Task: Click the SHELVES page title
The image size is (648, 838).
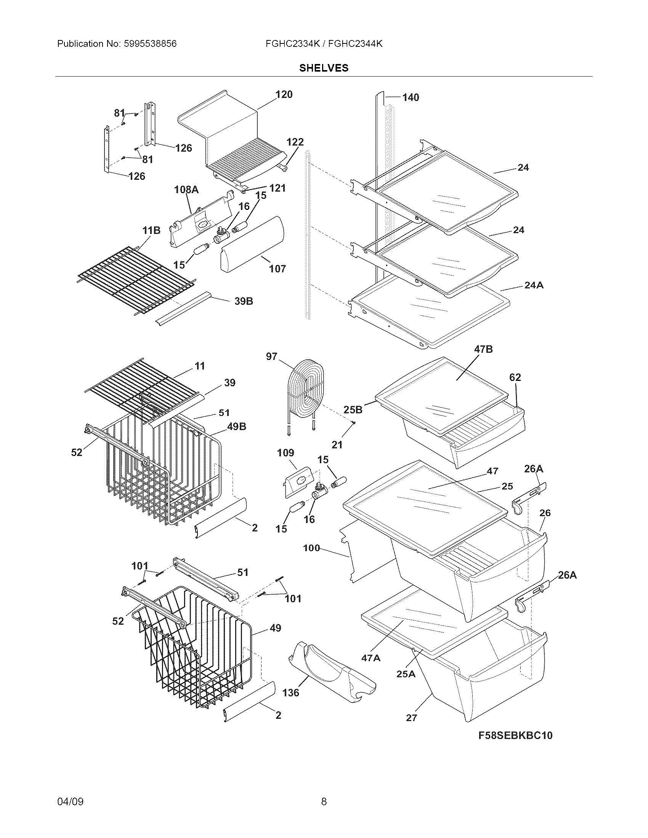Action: point(324,68)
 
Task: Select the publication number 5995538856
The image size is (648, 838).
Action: point(150,44)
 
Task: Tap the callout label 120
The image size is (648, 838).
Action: point(284,94)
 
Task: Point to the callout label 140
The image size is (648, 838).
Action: point(411,98)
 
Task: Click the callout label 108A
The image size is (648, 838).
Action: point(186,189)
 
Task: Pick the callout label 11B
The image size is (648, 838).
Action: point(151,230)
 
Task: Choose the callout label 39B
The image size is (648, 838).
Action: point(244,301)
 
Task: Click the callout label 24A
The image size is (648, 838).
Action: point(534,285)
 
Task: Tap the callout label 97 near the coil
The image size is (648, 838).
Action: point(271,357)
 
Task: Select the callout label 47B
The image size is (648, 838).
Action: point(483,349)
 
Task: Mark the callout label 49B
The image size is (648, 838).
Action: point(236,426)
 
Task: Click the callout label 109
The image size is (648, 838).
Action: point(285,453)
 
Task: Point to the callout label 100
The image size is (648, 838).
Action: point(311,548)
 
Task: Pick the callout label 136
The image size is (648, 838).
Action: point(290,692)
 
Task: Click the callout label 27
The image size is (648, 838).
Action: point(411,718)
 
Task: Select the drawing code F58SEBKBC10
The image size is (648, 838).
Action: point(515,735)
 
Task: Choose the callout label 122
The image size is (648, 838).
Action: point(295,142)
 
